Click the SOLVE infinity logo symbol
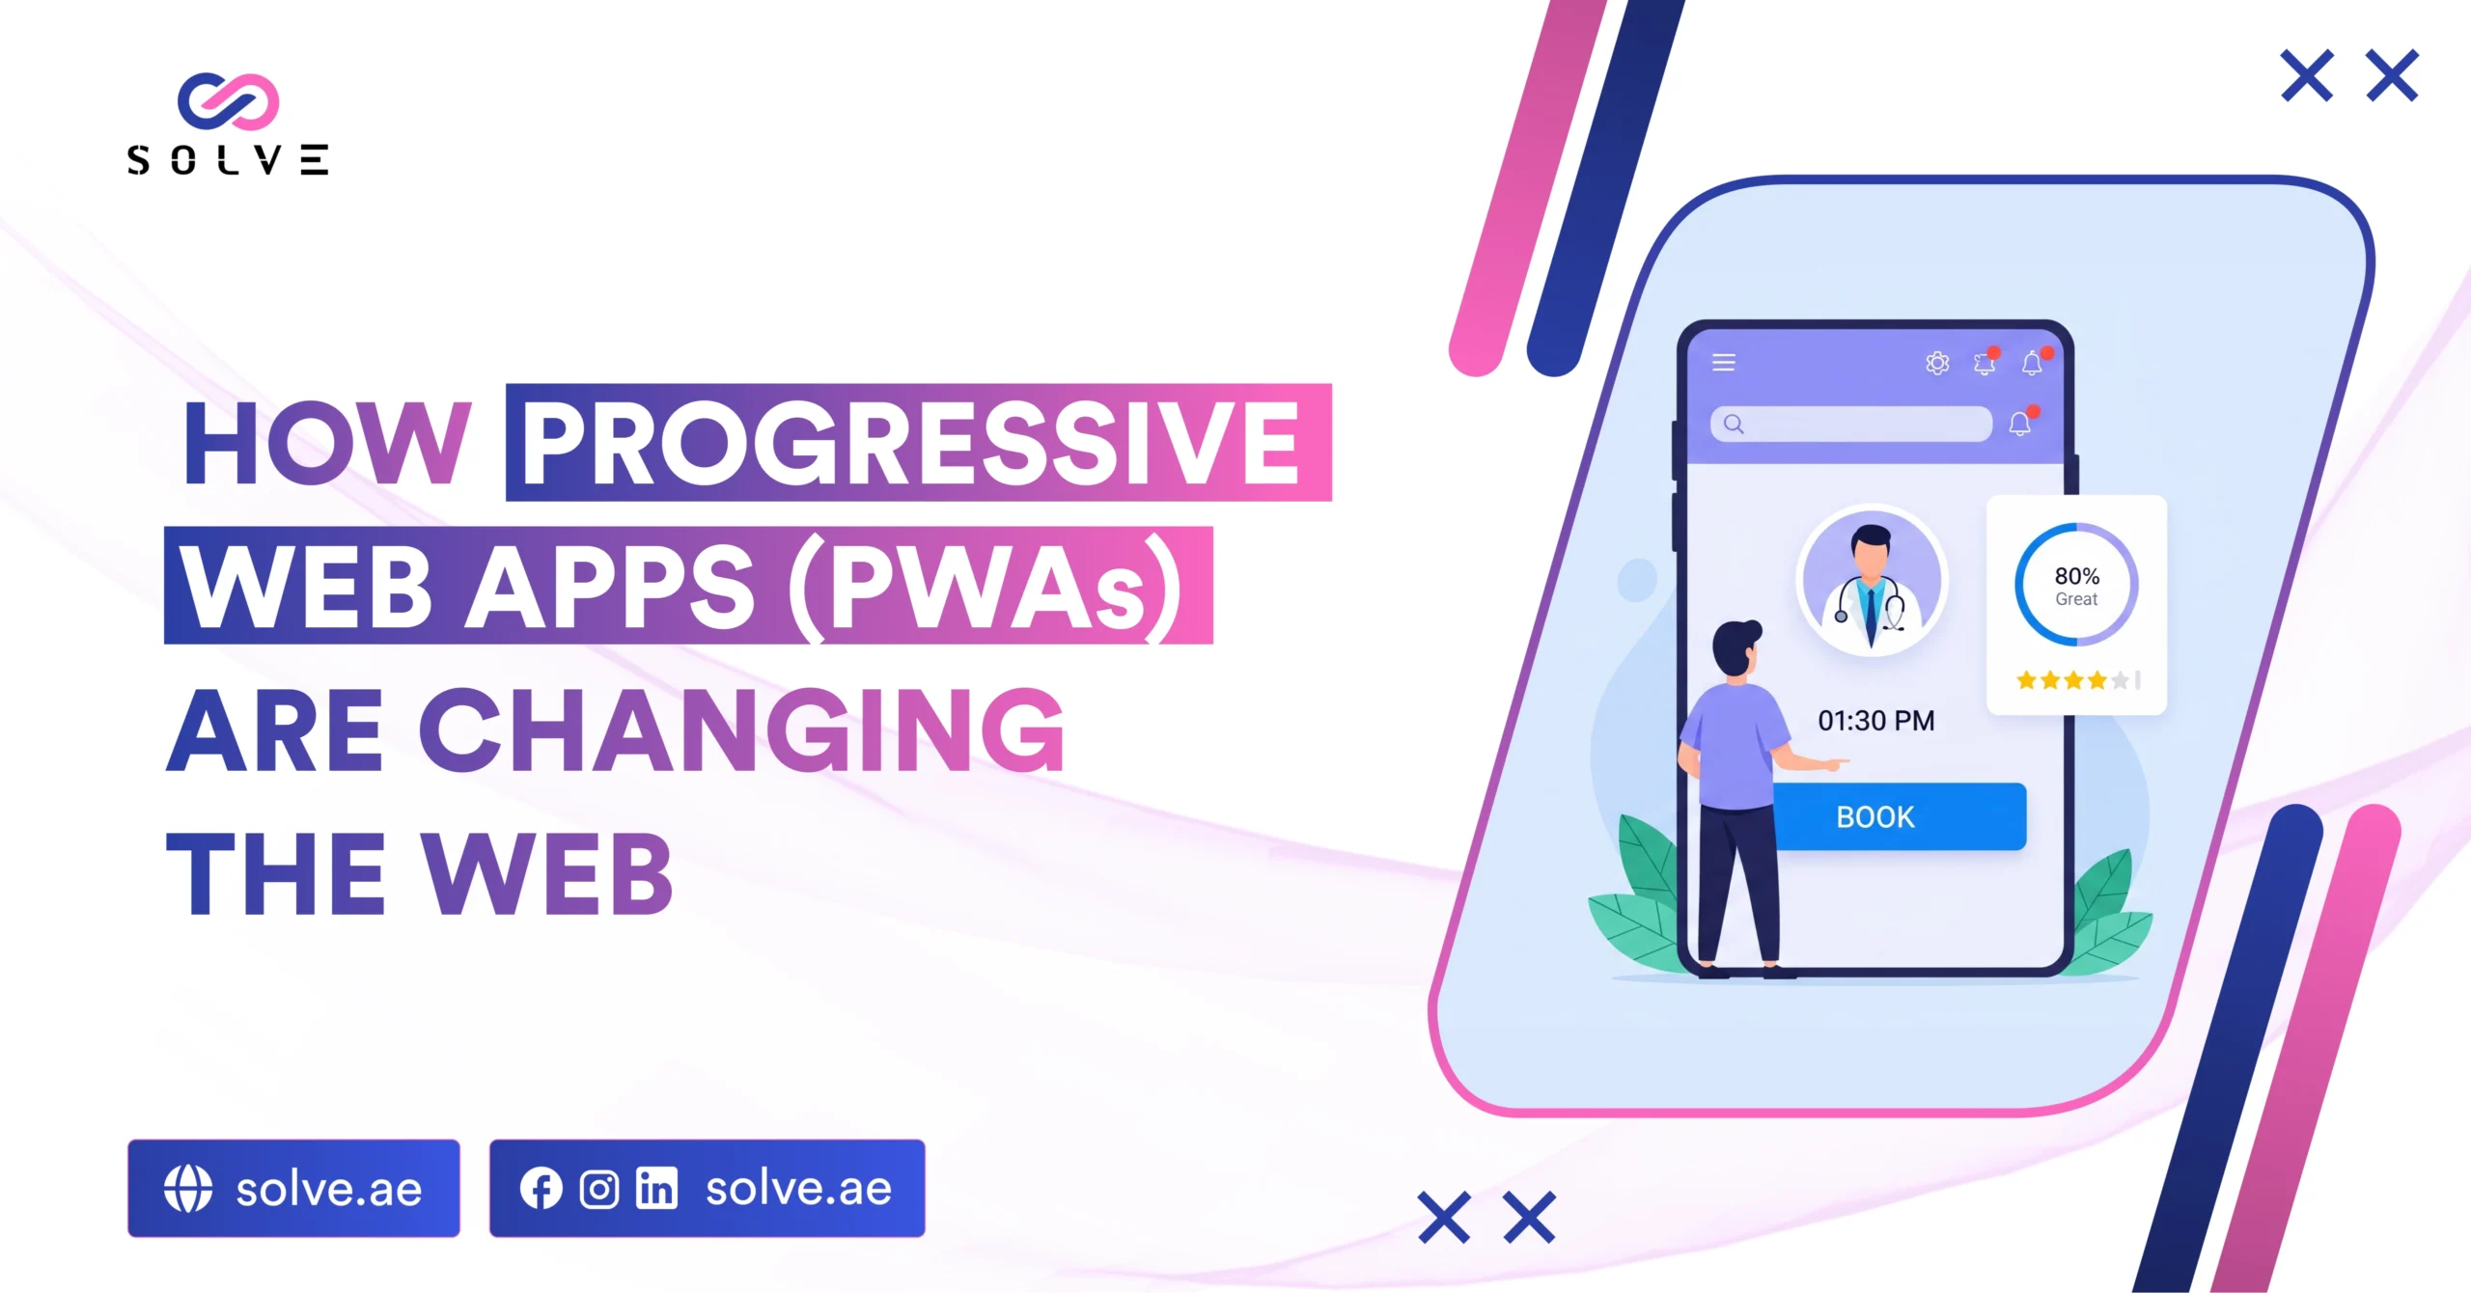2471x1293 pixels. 228,100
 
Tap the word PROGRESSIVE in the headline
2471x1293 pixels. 911,443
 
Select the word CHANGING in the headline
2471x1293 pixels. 741,729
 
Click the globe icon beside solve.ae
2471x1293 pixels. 187,1188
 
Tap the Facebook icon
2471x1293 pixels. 541,1188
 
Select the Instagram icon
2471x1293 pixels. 598,1189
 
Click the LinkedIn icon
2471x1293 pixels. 656,1188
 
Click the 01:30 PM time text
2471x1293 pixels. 1875,721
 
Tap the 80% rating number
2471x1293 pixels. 2076,576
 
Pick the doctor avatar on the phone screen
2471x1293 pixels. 1872,581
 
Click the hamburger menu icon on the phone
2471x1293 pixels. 1724,362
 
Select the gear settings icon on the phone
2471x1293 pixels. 1937,363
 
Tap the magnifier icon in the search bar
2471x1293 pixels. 1734,424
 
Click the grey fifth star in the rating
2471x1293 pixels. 2120,680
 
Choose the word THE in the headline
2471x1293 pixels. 276,873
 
